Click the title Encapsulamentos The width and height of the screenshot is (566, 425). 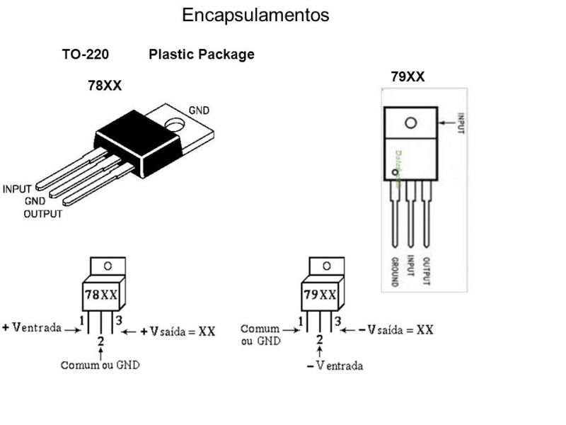tap(255, 15)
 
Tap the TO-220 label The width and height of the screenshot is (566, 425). tap(85, 55)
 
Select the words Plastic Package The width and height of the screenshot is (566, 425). tap(202, 55)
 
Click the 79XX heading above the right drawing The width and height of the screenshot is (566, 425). tap(408, 76)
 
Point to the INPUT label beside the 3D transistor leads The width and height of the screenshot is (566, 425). tap(18, 189)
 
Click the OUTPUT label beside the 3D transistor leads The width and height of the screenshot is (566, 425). tap(42, 213)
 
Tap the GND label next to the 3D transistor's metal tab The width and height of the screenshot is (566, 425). tap(199, 110)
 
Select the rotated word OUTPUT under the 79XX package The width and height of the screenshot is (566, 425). tap(426, 270)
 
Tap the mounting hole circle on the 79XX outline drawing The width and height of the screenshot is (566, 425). tap(410, 123)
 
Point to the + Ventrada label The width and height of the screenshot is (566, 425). tap(32, 329)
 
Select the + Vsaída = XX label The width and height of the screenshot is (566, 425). tap(178, 331)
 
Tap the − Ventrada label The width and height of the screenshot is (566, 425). tap(334, 365)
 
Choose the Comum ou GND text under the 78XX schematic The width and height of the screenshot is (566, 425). tap(100, 365)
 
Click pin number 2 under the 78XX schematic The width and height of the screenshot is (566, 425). tap(100, 341)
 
